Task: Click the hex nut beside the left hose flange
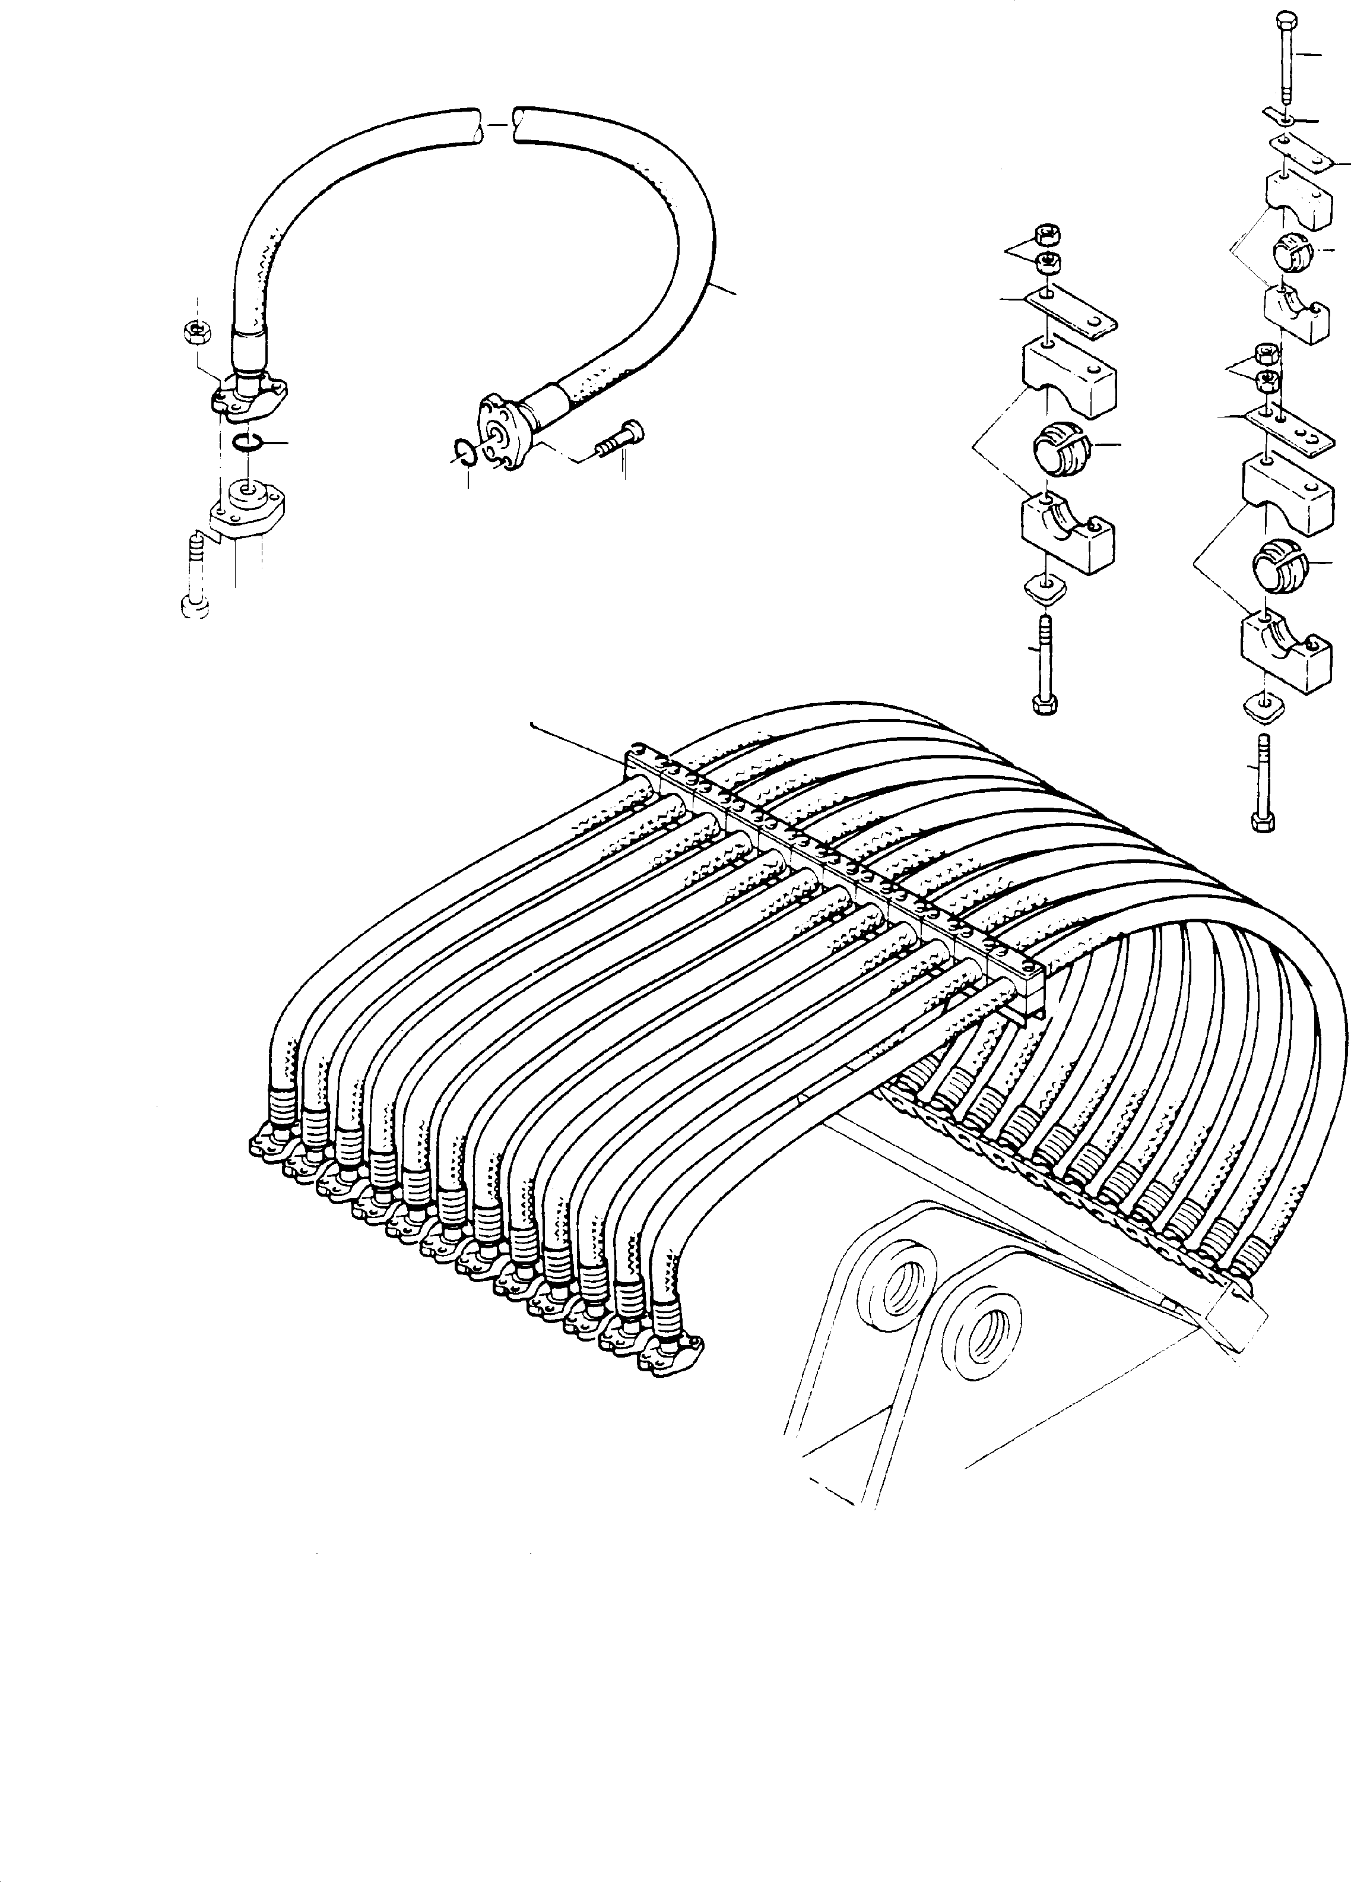coord(198,333)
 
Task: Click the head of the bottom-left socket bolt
coord(194,608)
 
